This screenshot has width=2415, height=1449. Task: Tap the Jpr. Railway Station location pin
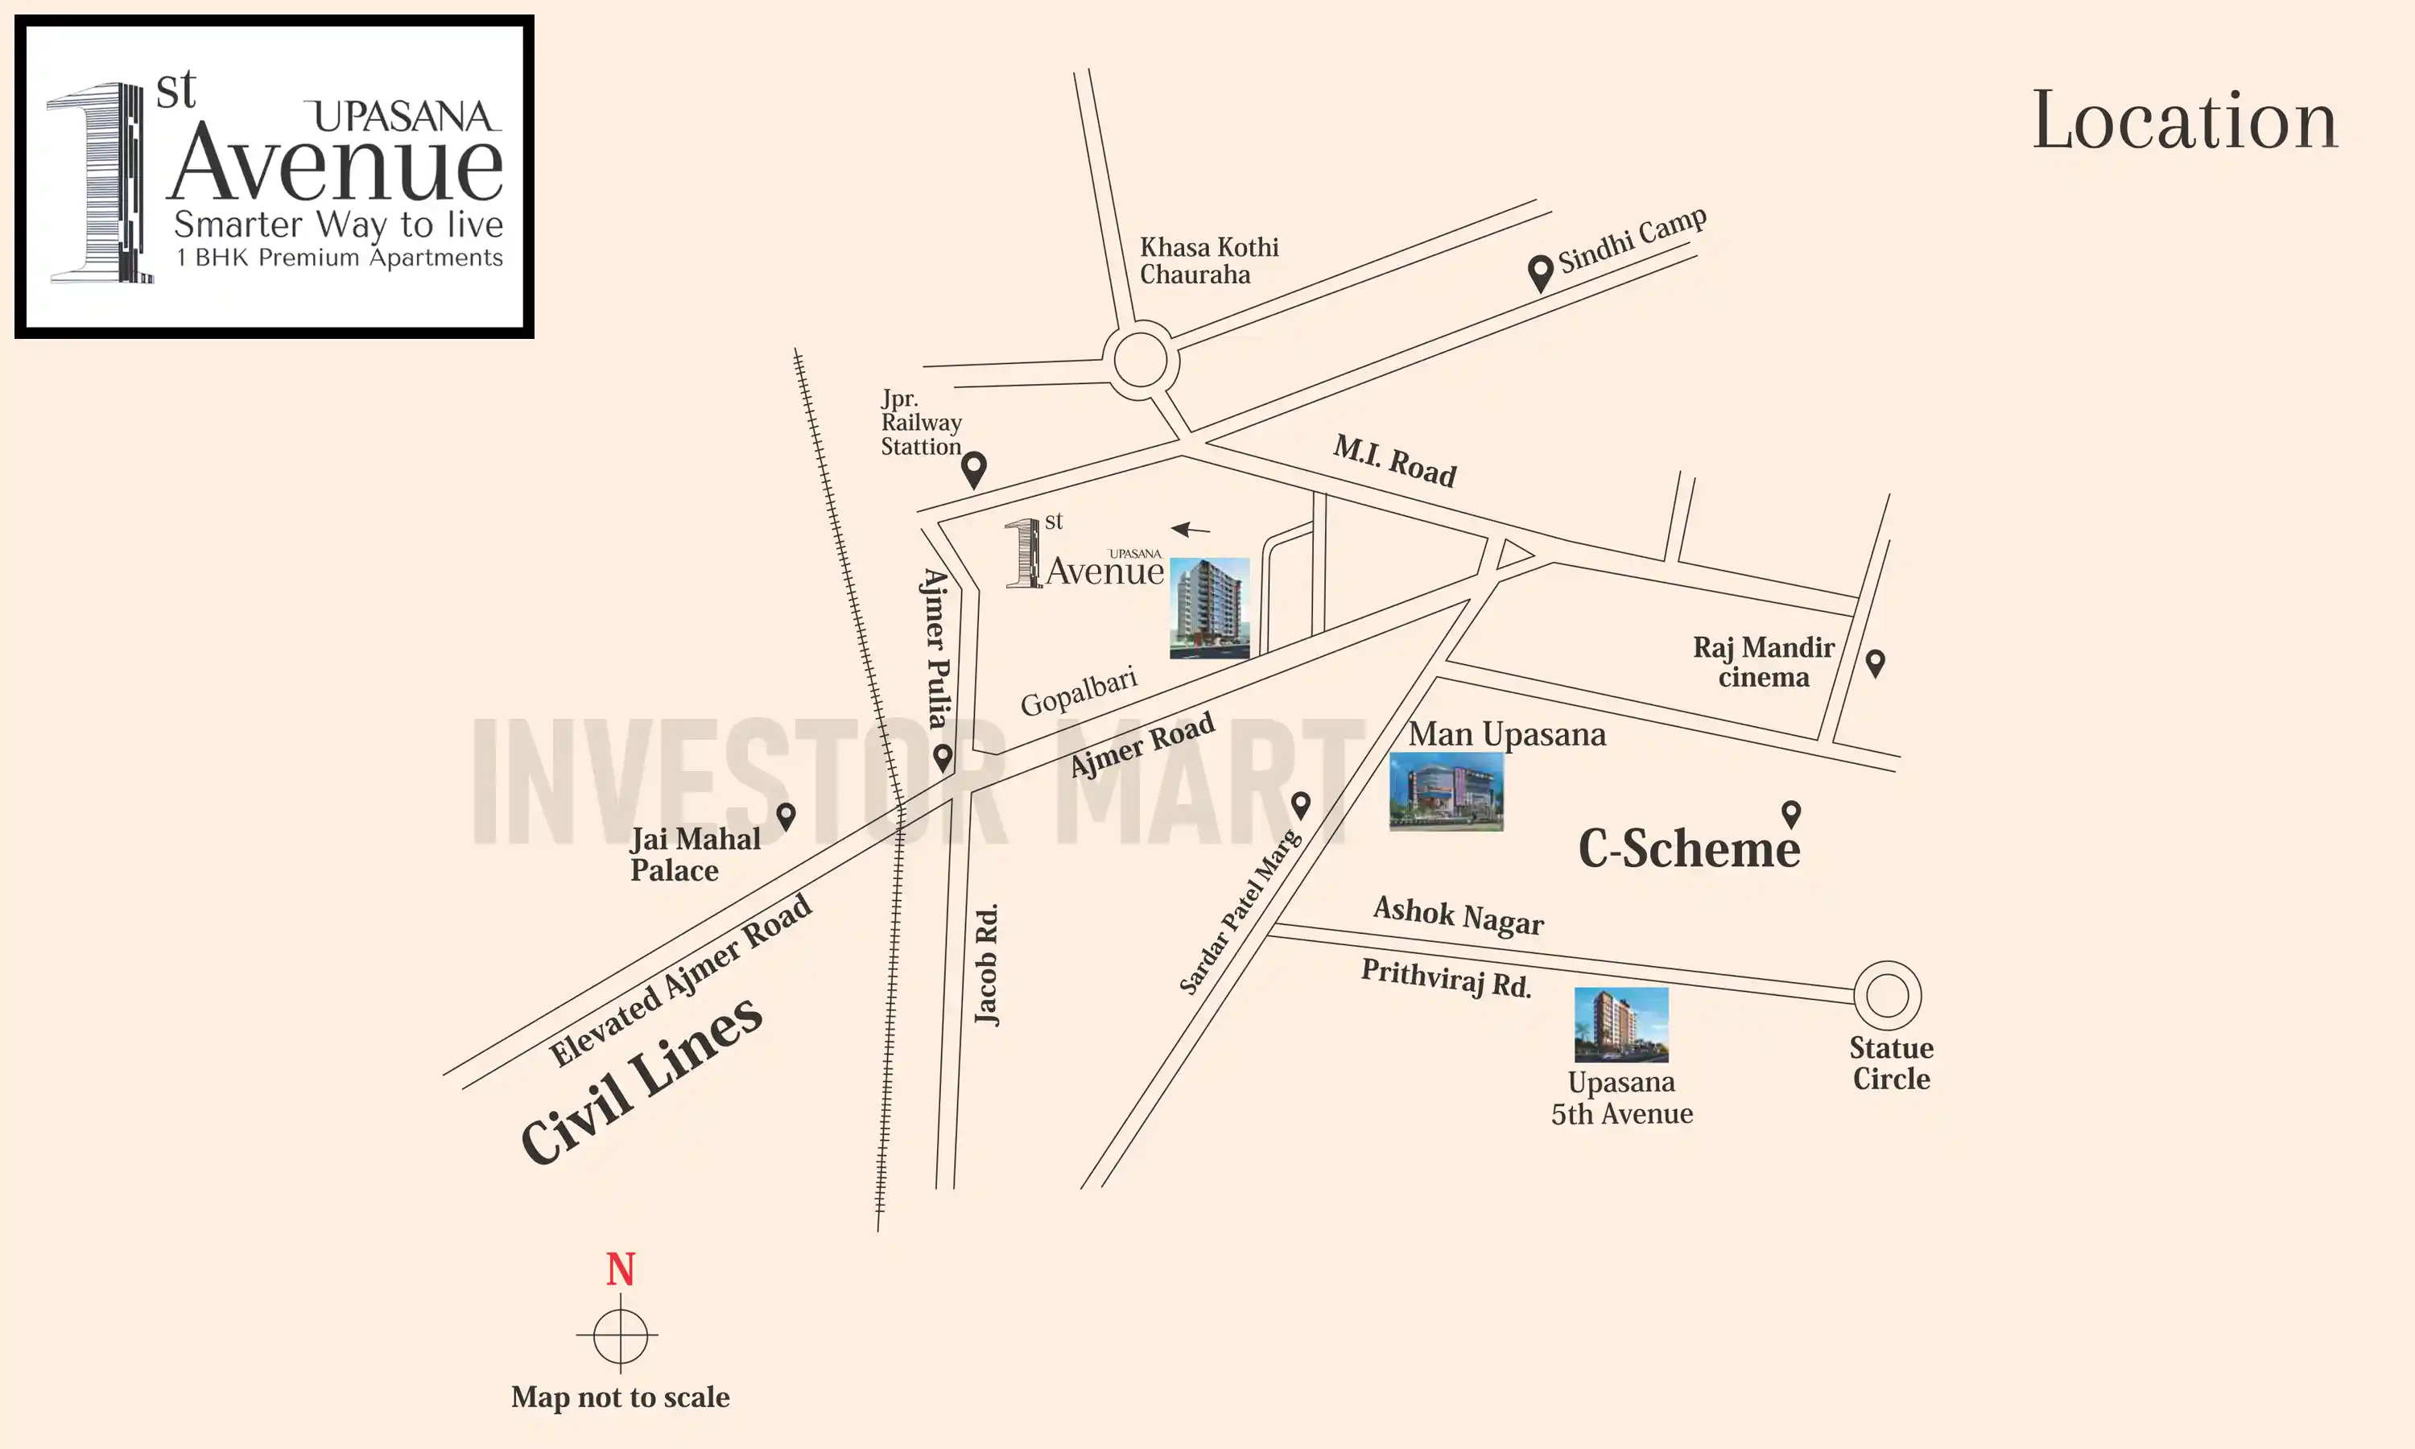point(973,469)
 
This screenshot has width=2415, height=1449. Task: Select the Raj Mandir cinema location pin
point(1875,662)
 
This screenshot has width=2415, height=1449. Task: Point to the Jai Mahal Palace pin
point(786,815)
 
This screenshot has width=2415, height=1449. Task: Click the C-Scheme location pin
point(1791,813)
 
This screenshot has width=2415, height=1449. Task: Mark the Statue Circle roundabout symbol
point(1887,996)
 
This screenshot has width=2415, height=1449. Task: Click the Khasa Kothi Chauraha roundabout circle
point(1140,361)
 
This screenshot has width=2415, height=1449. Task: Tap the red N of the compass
point(621,1269)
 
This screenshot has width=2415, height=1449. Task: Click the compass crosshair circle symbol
point(620,1335)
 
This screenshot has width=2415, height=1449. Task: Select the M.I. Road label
point(1395,462)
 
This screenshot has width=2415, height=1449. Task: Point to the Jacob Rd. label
point(988,964)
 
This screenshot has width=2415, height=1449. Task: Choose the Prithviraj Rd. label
point(1446,977)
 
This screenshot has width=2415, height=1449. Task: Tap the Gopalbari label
point(1079,691)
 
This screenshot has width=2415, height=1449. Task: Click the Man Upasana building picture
point(1446,791)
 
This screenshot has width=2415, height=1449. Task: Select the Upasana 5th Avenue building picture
point(1620,1024)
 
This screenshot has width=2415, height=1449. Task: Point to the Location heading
point(2185,121)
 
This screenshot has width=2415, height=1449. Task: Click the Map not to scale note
point(620,1397)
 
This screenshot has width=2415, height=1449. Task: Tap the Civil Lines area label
point(642,1082)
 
